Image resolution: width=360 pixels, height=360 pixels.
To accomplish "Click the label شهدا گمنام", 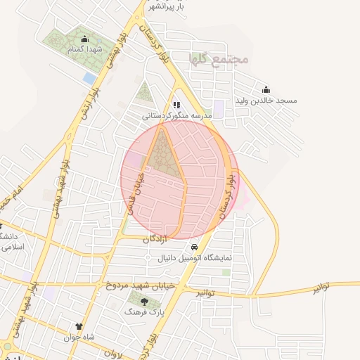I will point(85,50).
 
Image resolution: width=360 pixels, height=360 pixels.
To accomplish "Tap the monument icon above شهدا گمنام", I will point(85,39).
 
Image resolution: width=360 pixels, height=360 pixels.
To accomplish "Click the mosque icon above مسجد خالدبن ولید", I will point(266,89).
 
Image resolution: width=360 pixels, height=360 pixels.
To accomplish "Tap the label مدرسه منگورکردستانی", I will point(177,114).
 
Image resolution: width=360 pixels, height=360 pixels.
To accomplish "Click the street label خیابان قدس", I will point(134,191).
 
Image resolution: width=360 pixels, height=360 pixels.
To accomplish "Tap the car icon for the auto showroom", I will point(193,248).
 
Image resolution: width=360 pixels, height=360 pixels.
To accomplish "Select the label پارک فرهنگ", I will point(140,311).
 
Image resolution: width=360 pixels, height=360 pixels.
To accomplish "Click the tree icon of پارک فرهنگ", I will point(134,301).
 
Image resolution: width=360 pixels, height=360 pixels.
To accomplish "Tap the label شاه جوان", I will point(79,337).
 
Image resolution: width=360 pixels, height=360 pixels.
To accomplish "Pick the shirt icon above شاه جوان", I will point(79,327).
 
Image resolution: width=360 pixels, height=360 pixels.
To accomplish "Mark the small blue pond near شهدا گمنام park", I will point(89,78).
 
